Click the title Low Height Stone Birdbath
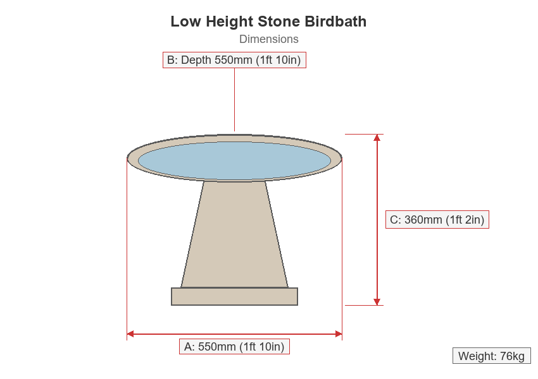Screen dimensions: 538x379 pos(268,21)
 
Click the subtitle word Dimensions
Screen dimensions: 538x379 pos(268,39)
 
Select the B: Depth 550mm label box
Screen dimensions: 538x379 pos(234,60)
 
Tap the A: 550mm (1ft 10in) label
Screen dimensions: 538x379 pos(234,347)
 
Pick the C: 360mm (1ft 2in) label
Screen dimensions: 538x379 pos(437,219)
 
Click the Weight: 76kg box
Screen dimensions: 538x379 pos(492,356)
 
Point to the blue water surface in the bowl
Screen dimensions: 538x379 pos(234,160)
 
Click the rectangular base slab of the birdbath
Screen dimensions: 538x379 pos(234,296)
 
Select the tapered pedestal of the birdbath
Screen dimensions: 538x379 pos(234,234)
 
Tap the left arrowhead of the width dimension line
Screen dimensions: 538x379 pos(130,334)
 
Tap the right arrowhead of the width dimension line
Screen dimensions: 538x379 pos(339,334)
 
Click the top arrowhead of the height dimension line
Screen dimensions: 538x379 pos(377,138)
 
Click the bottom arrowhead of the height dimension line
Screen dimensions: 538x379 pos(377,302)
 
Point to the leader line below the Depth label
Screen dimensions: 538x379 pos(235,100)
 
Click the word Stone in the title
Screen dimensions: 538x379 pos(278,21)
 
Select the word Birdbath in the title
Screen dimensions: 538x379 pos(335,21)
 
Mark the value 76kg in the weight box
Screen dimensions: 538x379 pos(512,356)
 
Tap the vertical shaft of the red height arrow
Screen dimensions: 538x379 pos(377,220)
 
